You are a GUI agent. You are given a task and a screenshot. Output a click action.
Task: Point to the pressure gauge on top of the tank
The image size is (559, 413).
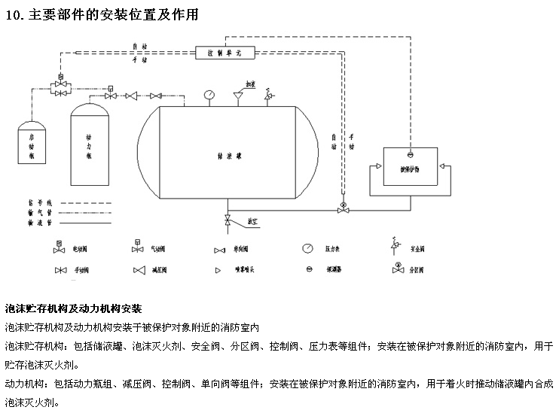(209, 96)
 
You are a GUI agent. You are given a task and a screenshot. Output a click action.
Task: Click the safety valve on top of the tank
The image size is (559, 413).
(267, 96)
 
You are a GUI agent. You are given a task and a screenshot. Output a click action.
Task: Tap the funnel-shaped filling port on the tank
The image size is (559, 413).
(238, 96)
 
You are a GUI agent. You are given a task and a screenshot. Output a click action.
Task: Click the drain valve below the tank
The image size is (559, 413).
(228, 220)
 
